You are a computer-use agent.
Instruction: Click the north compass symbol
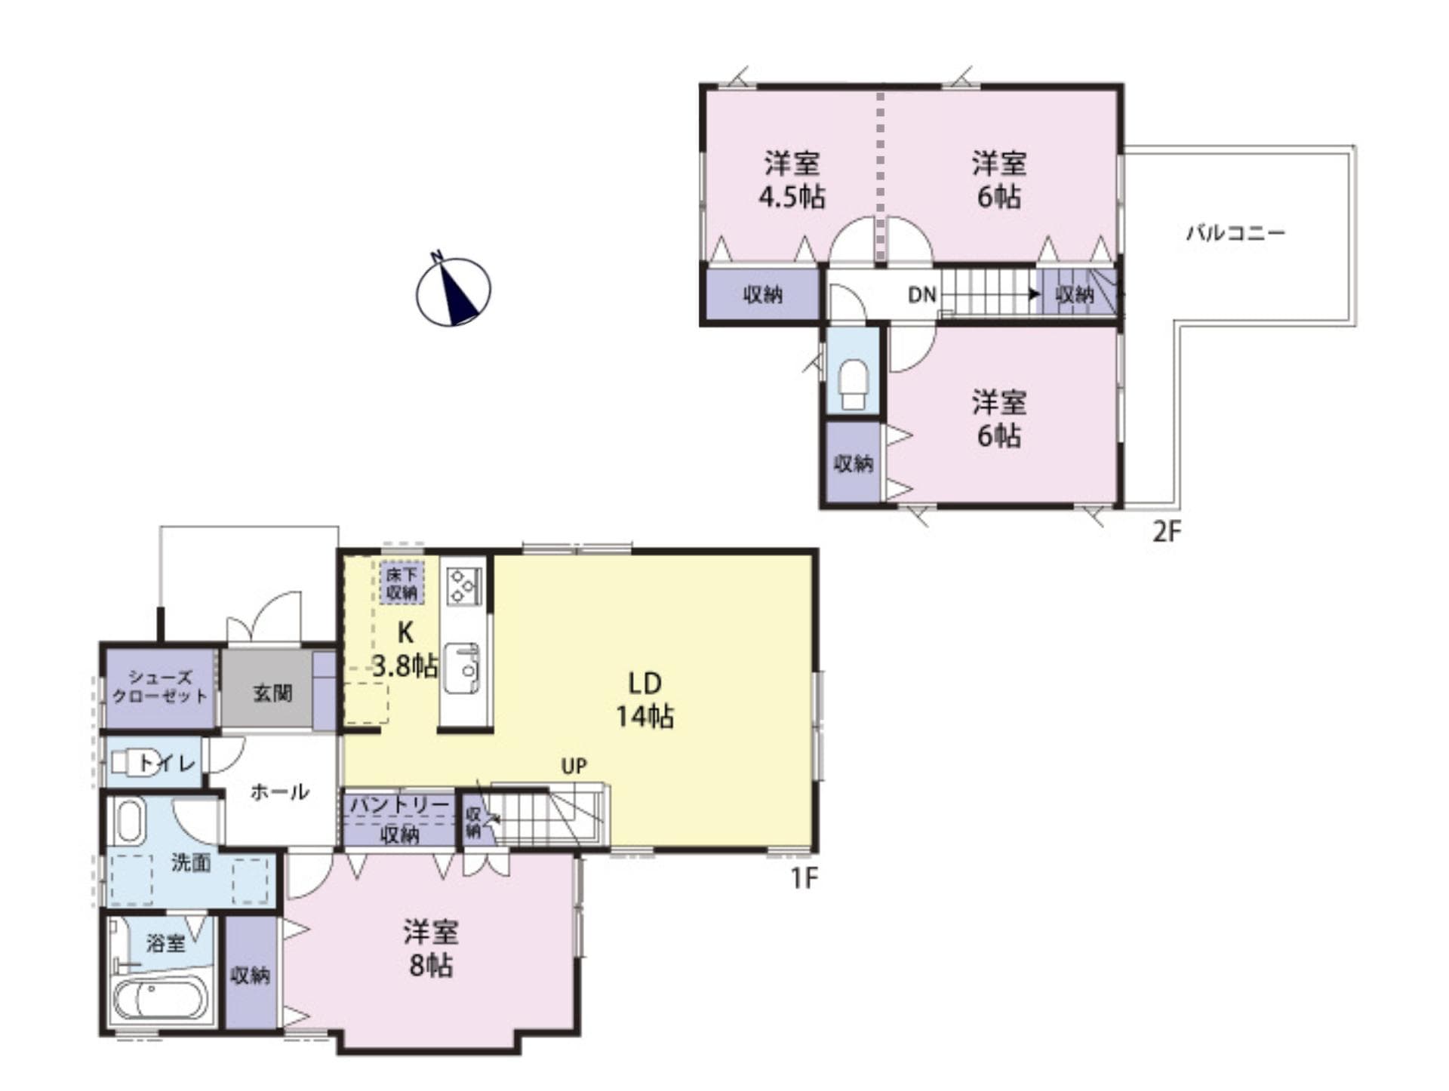tap(453, 291)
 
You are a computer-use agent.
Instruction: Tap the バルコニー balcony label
tap(1235, 232)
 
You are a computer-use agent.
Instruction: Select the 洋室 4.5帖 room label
tap(791, 180)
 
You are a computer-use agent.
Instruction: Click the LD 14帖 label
tap(645, 699)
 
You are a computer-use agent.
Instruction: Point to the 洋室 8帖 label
tap(430, 949)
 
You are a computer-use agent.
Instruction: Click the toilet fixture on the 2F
tap(854, 384)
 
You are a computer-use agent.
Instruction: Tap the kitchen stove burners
tap(464, 585)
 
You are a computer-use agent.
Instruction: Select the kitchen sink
tap(462, 668)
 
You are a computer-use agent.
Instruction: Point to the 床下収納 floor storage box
tap(401, 582)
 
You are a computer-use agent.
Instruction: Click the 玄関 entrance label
tap(272, 693)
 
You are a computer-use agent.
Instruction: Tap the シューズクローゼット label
tap(159, 687)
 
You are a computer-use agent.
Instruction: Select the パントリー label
tap(399, 805)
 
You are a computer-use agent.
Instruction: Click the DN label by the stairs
tap(921, 294)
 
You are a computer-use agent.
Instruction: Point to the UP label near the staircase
tap(574, 766)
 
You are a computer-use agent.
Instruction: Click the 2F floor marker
tap(1166, 532)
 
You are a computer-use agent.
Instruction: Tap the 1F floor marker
tap(804, 877)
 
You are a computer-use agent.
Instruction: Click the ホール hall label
tap(279, 791)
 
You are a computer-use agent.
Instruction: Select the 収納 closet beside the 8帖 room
tap(250, 975)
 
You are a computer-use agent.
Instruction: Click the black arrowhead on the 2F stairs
tap(1034, 293)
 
